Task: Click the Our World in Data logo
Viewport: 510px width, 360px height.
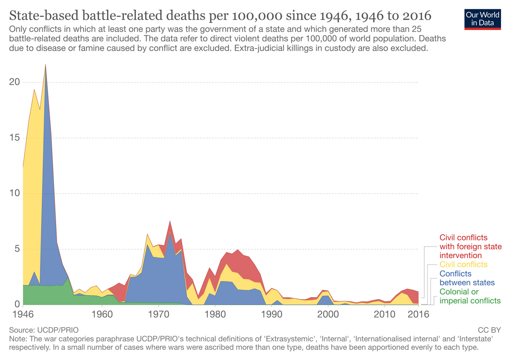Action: (x=482, y=18)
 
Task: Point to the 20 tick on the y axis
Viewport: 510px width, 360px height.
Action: (x=14, y=82)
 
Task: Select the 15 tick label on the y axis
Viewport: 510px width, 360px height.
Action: (x=14, y=138)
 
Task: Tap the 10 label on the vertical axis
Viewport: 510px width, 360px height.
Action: (x=14, y=193)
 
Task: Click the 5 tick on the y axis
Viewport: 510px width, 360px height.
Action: (x=17, y=249)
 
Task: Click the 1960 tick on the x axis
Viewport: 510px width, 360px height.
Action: (x=102, y=315)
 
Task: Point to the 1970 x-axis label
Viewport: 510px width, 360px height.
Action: (x=159, y=315)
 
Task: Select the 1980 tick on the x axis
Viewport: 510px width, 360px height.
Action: (x=215, y=315)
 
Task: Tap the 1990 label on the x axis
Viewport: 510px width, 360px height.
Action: (x=272, y=315)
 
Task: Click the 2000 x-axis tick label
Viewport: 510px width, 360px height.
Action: (x=328, y=315)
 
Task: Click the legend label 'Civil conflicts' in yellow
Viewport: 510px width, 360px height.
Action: (x=463, y=265)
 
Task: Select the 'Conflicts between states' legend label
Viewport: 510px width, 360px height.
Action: (x=467, y=278)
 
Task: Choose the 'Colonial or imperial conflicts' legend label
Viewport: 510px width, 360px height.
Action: (x=470, y=297)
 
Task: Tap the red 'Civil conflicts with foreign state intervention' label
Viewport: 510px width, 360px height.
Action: (x=470, y=247)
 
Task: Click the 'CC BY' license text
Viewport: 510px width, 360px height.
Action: (x=490, y=330)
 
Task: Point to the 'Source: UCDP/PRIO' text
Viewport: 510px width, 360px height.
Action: (x=43, y=330)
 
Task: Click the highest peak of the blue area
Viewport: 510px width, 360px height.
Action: (x=45, y=67)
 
